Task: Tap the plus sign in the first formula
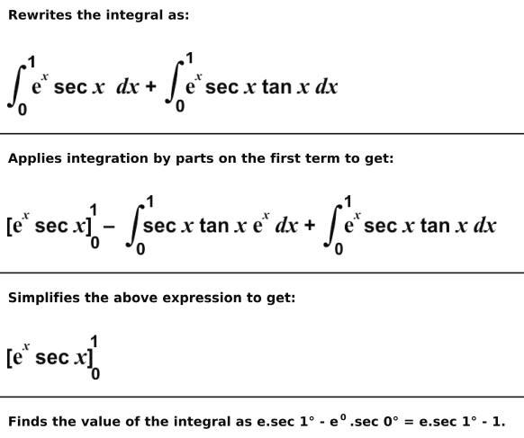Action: click(x=150, y=86)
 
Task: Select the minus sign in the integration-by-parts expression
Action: click(x=109, y=227)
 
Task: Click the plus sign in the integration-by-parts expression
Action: click(x=310, y=225)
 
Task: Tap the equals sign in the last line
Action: click(x=409, y=422)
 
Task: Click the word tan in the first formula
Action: click(x=276, y=87)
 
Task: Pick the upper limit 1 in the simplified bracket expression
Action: click(x=94, y=342)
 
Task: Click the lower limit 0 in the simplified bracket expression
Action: click(x=95, y=374)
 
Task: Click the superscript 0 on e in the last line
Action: click(x=343, y=417)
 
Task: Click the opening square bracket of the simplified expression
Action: click(x=9, y=357)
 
